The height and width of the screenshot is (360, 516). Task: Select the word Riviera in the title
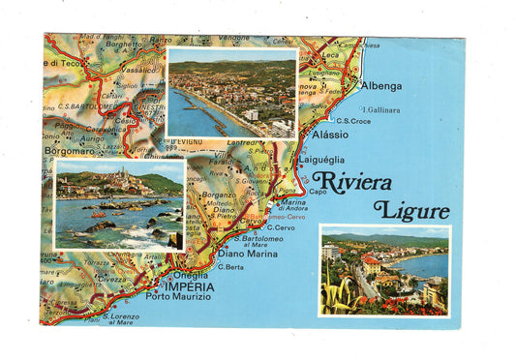[x=351, y=182]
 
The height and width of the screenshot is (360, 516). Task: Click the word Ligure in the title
[x=411, y=210]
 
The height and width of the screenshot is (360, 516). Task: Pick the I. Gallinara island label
[x=380, y=109]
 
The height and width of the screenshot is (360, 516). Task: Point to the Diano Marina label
[x=250, y=255]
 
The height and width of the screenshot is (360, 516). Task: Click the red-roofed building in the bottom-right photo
[x=370, y=264]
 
